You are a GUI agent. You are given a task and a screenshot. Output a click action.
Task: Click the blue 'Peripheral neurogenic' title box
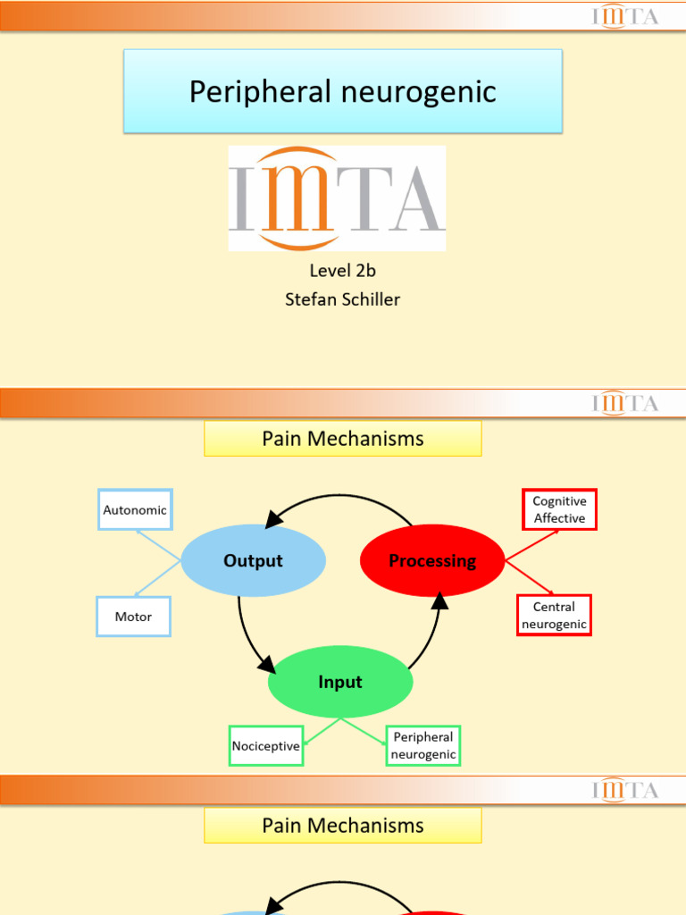(x=343, y=91)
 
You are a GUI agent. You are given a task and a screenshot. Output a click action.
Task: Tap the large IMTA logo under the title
(x=337, y=198)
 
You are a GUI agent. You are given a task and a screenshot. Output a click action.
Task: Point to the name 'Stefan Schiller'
(x=342, y=299)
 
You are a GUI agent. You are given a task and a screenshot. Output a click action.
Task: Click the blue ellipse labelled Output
(x=253, y=560)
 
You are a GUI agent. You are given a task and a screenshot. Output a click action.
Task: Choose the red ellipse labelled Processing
(x=432, y=560)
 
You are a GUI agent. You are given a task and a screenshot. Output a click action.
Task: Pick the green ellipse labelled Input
(x=340, y=682)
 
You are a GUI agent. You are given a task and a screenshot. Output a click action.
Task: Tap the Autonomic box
(x=135, y=510)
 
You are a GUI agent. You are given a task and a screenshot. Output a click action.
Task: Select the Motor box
(x=133, y=617)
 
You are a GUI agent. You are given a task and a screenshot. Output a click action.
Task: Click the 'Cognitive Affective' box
(x=559, y=509)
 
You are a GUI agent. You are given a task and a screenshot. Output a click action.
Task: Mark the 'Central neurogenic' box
(x=554, y=616)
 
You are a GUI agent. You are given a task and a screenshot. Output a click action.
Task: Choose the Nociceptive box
(x=266, y=746)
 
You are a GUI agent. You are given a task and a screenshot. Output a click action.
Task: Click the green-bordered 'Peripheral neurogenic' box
(x=423, y=746)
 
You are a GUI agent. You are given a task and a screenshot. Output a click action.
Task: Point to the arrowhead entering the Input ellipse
(x=266, y=664)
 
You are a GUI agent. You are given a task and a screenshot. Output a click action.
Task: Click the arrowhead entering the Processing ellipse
(x=439, y=600)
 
